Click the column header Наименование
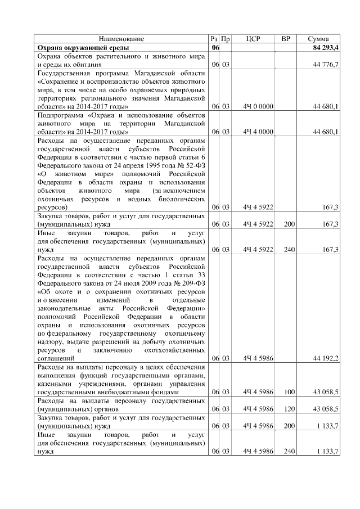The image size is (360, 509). point(121,39)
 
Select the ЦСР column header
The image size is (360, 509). point(259,39)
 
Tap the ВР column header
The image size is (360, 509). point(286,39)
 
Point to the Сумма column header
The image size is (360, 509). point(319,39)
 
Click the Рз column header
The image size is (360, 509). point(214,39)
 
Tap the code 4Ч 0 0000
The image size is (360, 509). point(259,106)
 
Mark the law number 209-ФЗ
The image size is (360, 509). point(190,283)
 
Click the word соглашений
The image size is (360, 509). point(56,358)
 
